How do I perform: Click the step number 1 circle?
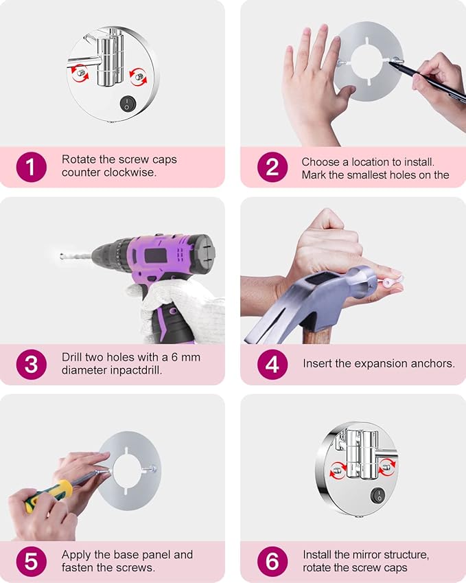click(31, 167)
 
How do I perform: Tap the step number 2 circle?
click(272, 167)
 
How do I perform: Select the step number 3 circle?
click(31, 364)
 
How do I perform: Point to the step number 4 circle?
click(272, 364)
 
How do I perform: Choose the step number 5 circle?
click(31, 562)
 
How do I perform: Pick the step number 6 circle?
click(272, 562)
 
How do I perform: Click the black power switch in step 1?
click(128, 104)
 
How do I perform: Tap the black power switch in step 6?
click(378, 496)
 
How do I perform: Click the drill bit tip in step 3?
click(62, 256)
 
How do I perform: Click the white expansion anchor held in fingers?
click(391, 281)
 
